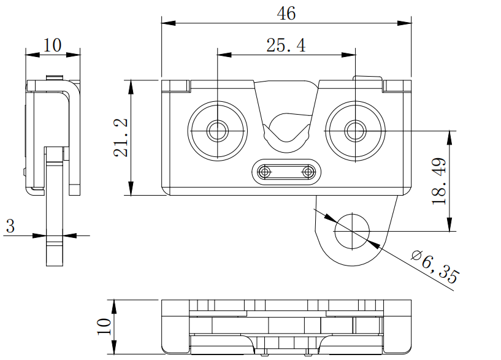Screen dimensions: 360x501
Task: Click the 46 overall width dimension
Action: coord(286,13)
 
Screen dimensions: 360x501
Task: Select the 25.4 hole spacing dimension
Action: coord(286,45)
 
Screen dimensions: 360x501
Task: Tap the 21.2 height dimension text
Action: coord(121,137)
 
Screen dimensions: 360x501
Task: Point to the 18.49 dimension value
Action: coord(439,181)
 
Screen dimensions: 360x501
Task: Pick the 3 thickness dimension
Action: coord(10,226)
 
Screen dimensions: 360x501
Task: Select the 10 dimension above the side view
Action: coord(53,45)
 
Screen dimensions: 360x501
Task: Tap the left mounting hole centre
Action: coord(217,130)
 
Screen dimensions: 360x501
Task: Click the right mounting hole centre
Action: coord(354,130)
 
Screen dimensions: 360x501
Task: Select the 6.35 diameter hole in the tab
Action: coord(353,231)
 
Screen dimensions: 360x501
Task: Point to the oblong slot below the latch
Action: coord(286,172)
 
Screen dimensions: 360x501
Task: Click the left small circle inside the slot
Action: coord(266,172)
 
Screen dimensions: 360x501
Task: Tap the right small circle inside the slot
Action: coord(307,172)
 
